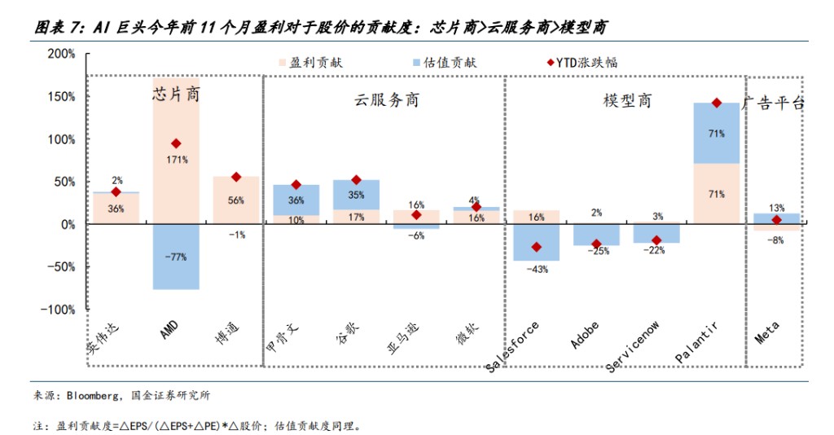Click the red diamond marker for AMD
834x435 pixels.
pos(176,143)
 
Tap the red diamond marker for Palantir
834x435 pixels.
pos(717,103)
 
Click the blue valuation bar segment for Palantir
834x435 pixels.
pos(717,134)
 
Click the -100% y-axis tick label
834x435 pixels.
pos(60,310)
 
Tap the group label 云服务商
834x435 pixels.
pos(387,100)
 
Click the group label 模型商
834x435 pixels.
pos(627,100)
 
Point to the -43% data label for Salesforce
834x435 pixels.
pos(535,270)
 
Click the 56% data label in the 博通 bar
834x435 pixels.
pos(236,200)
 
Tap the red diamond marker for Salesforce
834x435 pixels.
pos(536,247)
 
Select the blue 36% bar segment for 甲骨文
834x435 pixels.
pos(296,200)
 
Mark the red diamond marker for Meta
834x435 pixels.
pos(776,220)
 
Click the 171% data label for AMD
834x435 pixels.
pos(176,160)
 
